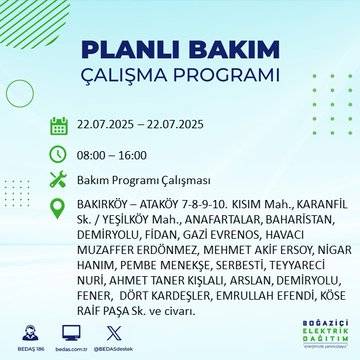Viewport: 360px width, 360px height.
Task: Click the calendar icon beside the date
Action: (58, 125)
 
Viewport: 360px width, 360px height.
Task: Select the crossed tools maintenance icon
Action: (58, 181)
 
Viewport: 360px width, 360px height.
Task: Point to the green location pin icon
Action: (58, 207)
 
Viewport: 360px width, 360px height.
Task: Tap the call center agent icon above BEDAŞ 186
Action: (29, 332)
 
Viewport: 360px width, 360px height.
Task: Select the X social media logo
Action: (113, 331)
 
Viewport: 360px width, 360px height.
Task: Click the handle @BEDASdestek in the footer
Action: (113, 345)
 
